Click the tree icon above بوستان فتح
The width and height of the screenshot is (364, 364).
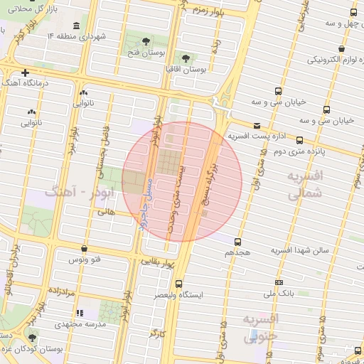click(146, 41)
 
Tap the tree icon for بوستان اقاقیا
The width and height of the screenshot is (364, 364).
click(186, 58)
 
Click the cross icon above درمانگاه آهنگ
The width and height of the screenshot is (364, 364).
click(26, 73)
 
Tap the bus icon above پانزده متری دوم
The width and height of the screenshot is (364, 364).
click(299, 140)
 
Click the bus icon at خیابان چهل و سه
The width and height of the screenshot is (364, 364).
click(354, 13)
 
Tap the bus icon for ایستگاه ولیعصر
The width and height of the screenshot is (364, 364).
click(178, 283)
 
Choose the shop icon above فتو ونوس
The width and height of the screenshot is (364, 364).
click(85, 249)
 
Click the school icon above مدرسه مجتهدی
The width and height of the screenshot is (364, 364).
click(80, 313)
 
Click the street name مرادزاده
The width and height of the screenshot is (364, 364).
click(61, 291)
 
